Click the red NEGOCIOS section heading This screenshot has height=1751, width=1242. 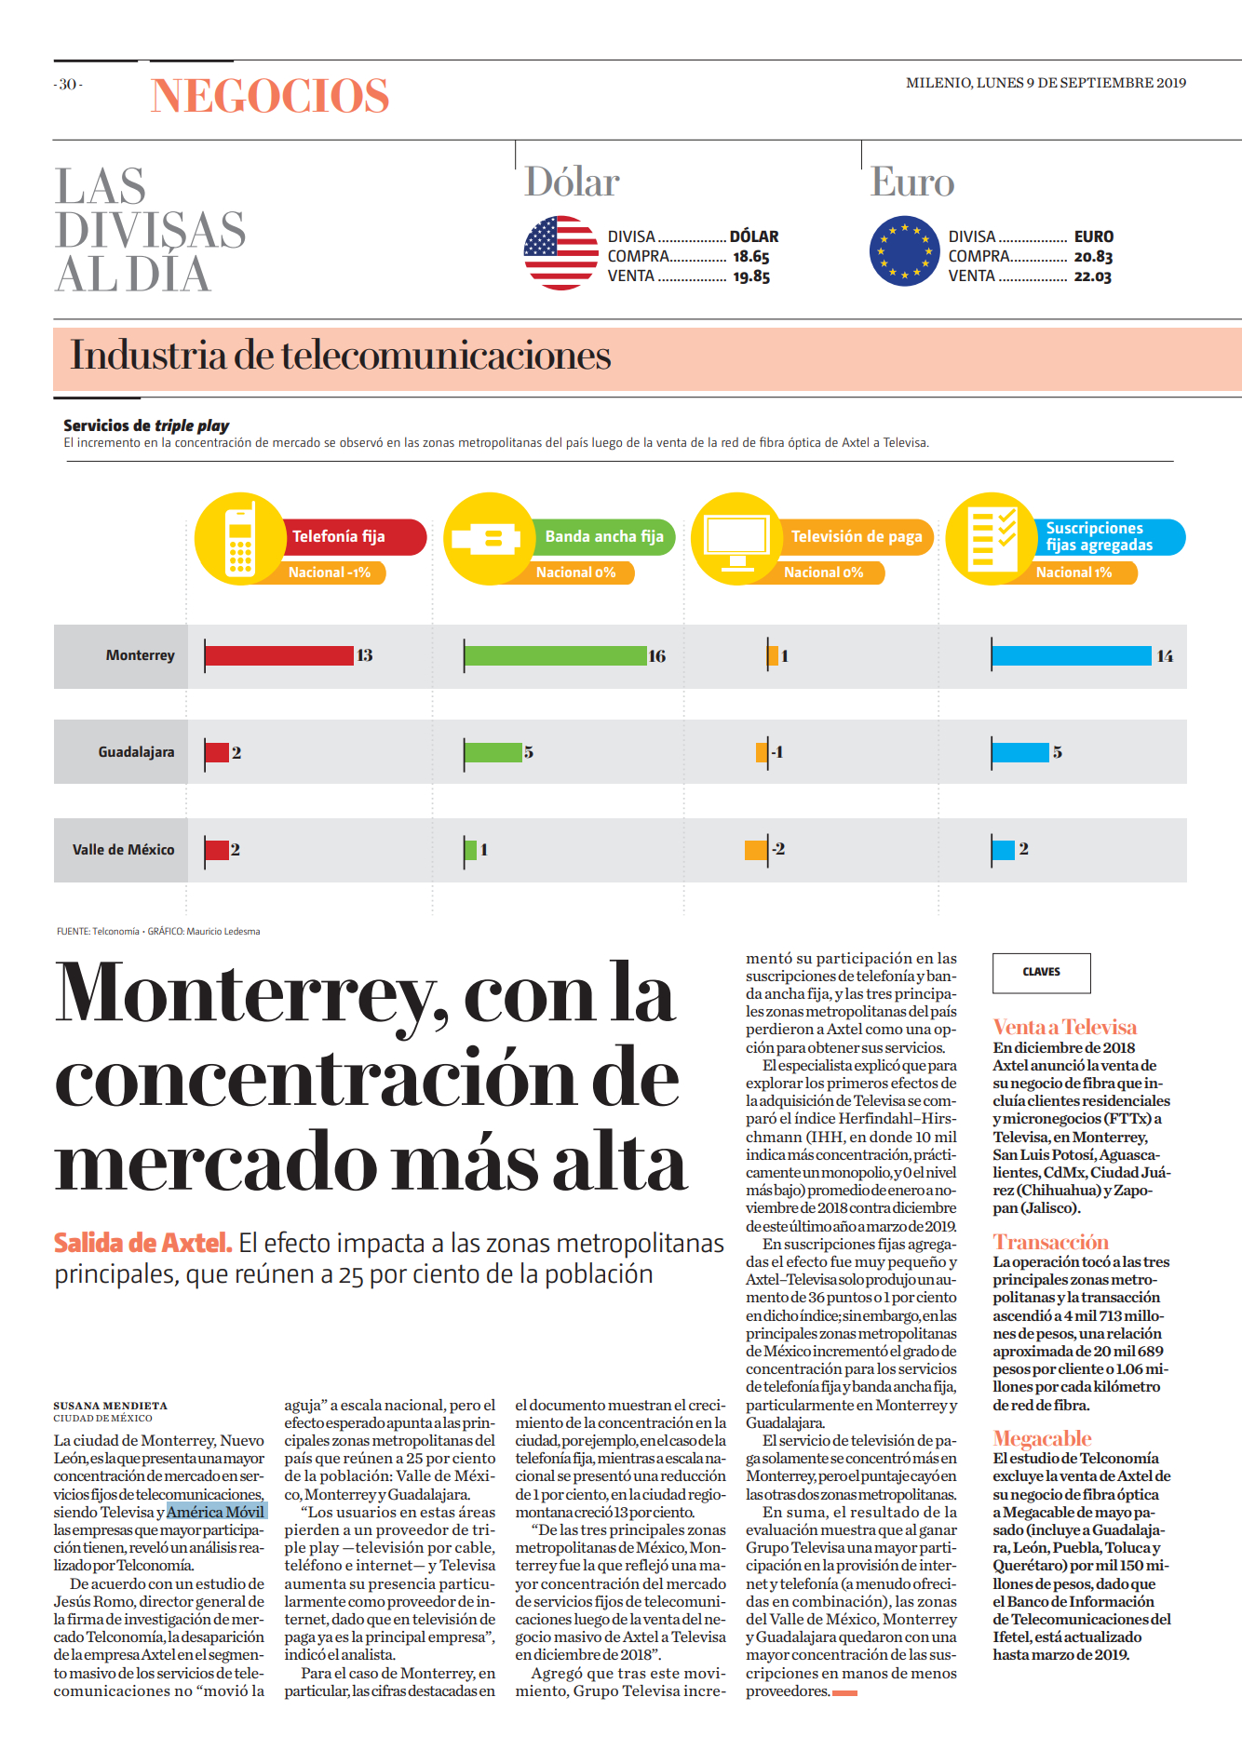click(270, 96)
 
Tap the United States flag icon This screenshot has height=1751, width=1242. click(561, 252)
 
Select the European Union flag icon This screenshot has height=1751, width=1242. click(905, 251)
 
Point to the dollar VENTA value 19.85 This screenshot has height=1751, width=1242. click(751, 276)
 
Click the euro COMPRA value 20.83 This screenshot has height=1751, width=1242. click(1093, 257)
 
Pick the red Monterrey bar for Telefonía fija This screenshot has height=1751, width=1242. click(279, 655)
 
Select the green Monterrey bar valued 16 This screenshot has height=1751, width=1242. click(556, 655)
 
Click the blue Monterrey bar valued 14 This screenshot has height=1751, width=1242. click(1072, 655)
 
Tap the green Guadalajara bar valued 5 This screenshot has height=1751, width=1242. click(493, 752)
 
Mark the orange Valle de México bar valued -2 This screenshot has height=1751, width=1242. click(756, 849)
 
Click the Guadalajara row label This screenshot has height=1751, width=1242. click(137, 752)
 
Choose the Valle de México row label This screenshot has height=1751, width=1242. click(124, 850)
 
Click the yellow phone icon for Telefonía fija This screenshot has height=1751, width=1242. click(240, 538)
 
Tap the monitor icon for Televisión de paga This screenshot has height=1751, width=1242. click(737, 538)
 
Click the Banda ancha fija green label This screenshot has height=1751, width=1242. click(604, 537)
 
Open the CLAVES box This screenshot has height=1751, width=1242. click(1042, 973)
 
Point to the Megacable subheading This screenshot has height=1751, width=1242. click(1042, 1438)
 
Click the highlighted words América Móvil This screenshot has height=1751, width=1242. click(217, 1512)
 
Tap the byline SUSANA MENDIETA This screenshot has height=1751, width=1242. click(111, 1406)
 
